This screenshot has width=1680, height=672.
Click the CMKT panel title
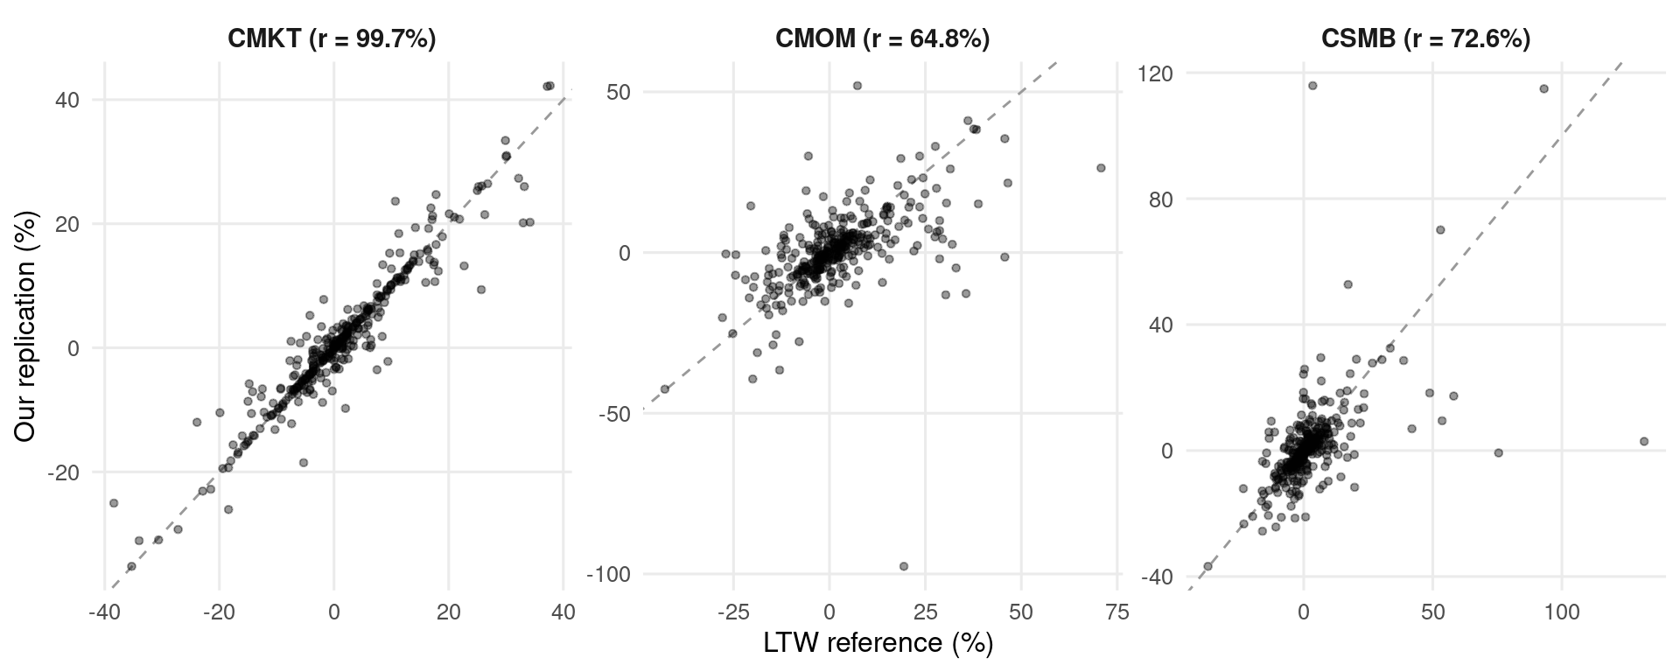pyautogui.click(x=332, y=39)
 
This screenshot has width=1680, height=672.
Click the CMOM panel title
pyautogui.click(x=882, y=39)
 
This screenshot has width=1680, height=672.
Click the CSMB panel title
pyautogui.click(x=1426, y=39)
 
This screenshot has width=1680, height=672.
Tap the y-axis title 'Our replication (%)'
pyautogui.click(x=26, y=325)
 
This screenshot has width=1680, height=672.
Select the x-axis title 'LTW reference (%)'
pyautogui.click(x=878, y=643)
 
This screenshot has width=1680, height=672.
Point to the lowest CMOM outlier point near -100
pyautogui.click(x=904, y=566)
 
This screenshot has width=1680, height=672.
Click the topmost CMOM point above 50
pyautogui.click(x=857, y=86)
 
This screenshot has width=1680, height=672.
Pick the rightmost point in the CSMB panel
pyautogui.click(x=1644, y=442)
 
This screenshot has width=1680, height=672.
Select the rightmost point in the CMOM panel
pyautogui.click(x=1101, y=168)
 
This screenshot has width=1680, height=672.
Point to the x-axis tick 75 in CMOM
pyautogui.click(x=1117, y=613)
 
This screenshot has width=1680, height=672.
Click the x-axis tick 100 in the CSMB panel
pyautogui.click(x=1563, y=613)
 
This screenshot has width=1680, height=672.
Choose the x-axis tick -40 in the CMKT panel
pyautogui.click(x=104, y=613)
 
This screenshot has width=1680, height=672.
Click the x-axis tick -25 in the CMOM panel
pyautogui.click(x=731, y=613)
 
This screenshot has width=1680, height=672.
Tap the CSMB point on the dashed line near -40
pyautogui.click(x=1208, y=566)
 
